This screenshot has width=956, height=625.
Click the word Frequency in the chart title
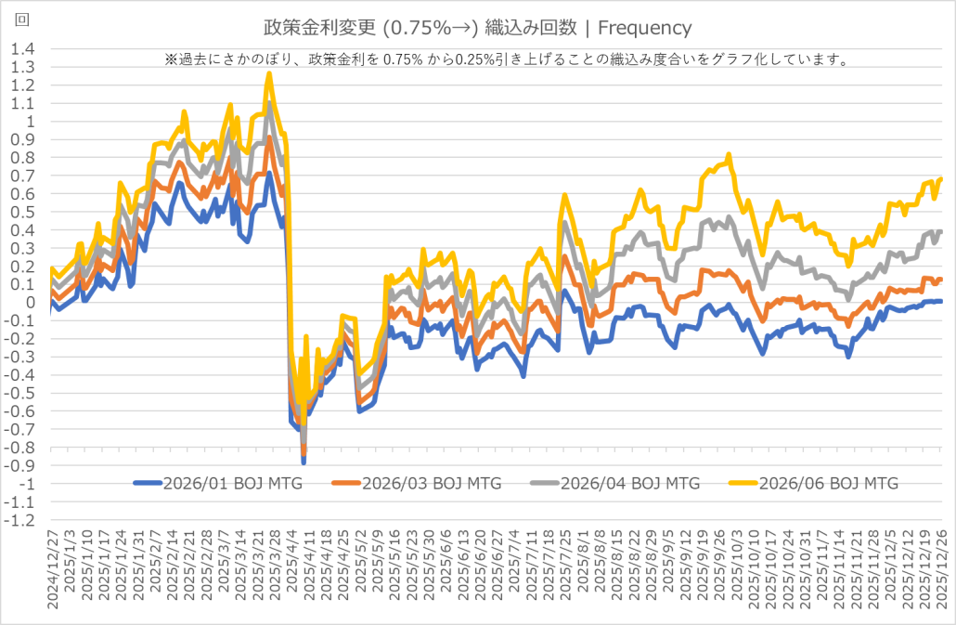651,28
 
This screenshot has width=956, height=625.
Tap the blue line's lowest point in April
304,462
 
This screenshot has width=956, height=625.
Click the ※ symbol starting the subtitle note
171,59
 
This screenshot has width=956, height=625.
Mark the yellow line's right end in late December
941,179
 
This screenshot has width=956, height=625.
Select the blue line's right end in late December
941,301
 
